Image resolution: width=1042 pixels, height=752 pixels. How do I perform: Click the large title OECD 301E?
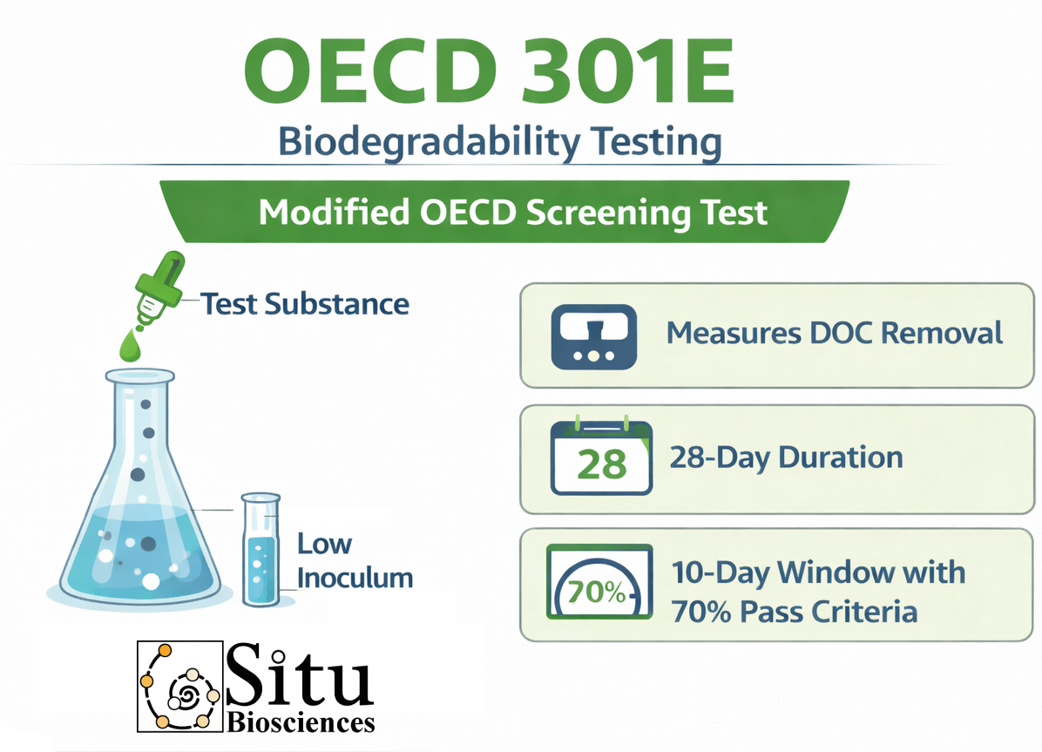tap(489, 71)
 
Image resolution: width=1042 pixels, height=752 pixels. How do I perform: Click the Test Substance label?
tap(305, 304)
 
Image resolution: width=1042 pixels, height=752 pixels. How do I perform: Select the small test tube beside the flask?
tap(260, 549)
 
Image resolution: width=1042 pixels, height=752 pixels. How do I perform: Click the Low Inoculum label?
tap(355, 560)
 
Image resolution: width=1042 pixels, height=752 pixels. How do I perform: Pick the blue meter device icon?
tap(594, 337)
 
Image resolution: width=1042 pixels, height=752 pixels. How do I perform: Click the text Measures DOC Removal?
tap(835, 333)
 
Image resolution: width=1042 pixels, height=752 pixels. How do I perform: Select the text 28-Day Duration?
tap(786, 457)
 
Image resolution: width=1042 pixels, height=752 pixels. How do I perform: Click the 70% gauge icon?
tap(599, 582)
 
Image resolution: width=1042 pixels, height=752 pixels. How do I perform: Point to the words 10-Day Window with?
tap(818, 572)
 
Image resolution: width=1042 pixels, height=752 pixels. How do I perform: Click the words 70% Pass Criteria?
tap(794, 612)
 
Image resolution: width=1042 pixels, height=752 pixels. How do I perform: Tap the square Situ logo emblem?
tap(179, 686)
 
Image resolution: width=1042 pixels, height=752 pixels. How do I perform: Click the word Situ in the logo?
tap(299, 674)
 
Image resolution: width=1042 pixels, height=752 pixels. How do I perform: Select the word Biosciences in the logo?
tap(301, 722)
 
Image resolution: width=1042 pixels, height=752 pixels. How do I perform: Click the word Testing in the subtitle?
tap(656, 142)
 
